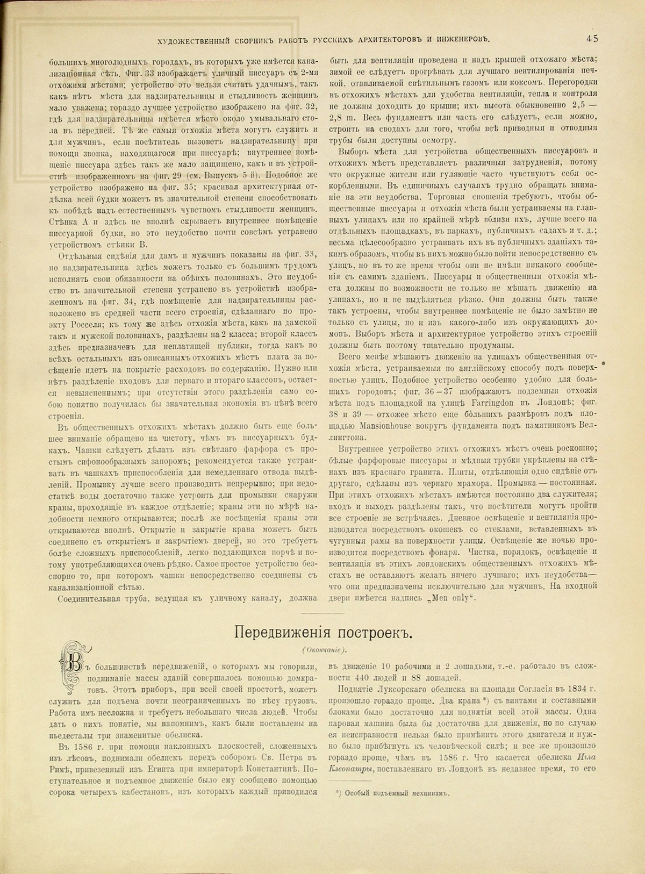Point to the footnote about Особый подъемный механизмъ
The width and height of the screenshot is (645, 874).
(x=392, y=792)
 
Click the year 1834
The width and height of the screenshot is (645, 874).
(x=569, y=689)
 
